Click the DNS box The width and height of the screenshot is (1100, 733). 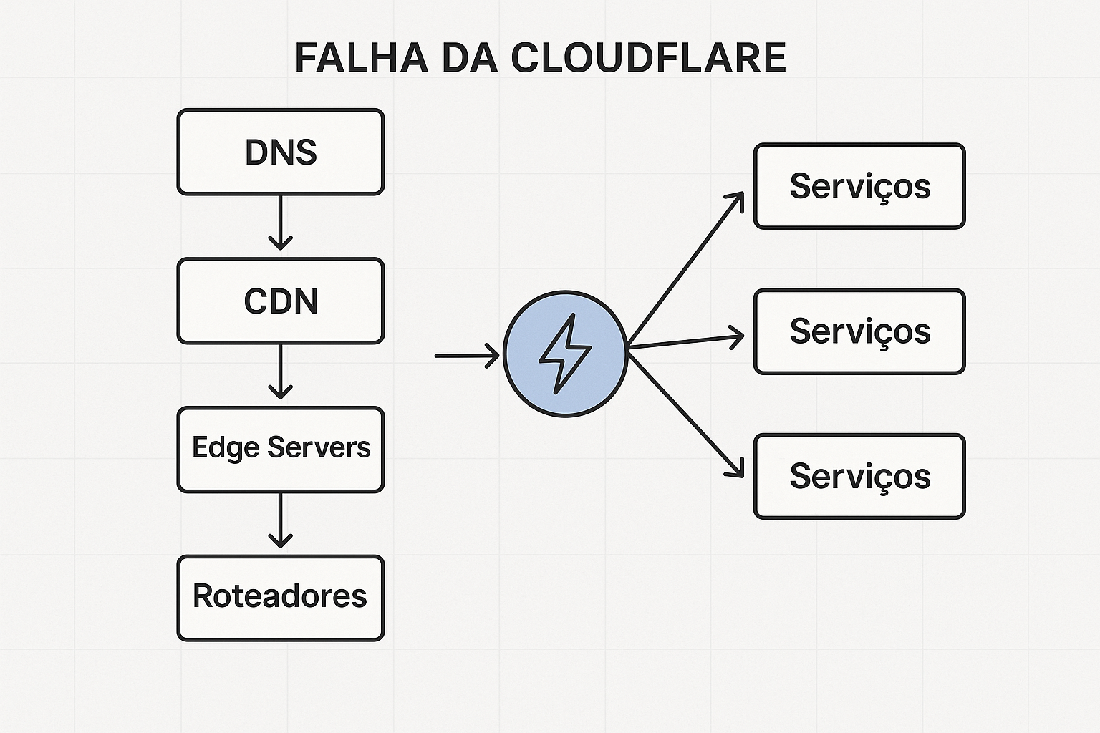point(281,152)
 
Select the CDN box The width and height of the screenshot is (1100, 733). point(281,301)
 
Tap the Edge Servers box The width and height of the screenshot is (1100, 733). point(281,450)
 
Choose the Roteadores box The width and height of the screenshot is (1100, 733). point(281,598)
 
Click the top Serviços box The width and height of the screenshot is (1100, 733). point(859,186)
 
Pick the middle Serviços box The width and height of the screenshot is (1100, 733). point(859,331)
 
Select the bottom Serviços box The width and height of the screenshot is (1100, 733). point(859,476)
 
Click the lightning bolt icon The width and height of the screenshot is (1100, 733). point(565,354)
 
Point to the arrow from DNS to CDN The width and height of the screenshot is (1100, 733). point(280,222)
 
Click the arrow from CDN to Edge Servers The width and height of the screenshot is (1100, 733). point(280,371)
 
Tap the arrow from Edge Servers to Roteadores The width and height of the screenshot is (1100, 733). point(280,520)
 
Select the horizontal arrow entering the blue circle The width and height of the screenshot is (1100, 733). point(465,355)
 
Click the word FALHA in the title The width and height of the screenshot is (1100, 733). point(362,58)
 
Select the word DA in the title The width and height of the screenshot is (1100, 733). point(470,58)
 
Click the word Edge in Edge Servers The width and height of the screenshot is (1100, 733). point(226,448)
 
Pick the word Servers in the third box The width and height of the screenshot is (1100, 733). point(319,448)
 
